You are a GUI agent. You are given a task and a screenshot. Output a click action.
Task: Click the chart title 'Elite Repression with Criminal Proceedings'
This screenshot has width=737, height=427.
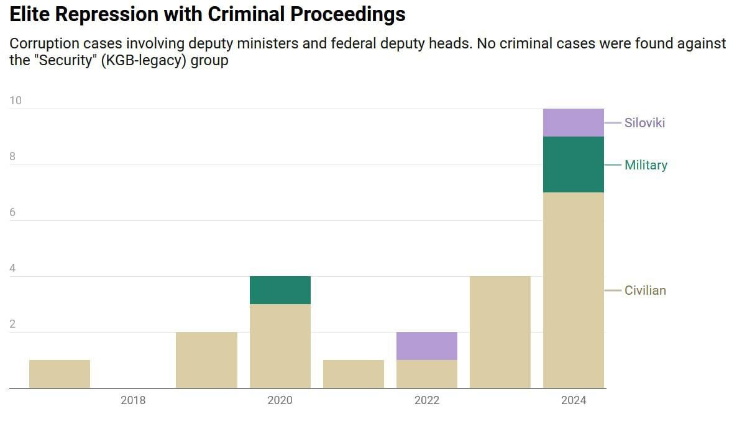pos(208,14)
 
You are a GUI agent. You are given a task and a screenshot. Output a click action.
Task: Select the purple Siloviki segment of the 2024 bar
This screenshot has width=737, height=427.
pos(573,123)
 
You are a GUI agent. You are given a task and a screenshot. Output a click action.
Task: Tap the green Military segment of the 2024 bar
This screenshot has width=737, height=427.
pos(573,164)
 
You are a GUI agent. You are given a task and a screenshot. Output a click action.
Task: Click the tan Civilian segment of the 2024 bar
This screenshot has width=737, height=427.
pos(573,290)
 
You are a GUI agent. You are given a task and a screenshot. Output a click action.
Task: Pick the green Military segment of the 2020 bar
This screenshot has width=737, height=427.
pos(280,290)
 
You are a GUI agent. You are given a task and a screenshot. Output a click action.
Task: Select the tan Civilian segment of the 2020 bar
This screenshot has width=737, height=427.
pos(280,346)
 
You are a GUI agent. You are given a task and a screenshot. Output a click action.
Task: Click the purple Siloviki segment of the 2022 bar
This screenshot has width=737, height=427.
pos(426,346)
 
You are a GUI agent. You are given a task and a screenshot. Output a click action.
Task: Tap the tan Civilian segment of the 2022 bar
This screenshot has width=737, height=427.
pos(426,374)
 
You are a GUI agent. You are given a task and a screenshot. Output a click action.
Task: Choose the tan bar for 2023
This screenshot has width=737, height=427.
pos(500,332)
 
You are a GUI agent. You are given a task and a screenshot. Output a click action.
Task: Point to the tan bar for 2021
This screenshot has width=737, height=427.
pos(353,374)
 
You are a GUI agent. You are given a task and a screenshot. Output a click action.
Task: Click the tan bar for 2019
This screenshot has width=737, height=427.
pos(206,360)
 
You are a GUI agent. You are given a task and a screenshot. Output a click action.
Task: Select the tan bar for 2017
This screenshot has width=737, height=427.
pos(60,374)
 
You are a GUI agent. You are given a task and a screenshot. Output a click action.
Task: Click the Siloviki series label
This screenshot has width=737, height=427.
pos(644,123)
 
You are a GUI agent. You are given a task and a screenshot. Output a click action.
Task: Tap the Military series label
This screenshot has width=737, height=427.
pos(646,165)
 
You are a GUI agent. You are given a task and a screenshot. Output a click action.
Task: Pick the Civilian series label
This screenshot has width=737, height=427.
pos(645,290)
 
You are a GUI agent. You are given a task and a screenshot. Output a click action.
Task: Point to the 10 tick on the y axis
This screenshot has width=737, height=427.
pos(15,101)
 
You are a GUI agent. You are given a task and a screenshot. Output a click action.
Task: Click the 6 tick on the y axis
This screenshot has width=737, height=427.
pos(12,212)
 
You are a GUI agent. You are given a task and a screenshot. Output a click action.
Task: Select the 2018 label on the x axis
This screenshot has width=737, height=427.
pos(133,400)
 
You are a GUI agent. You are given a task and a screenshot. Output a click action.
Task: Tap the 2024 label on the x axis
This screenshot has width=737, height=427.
pos(573,400)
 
